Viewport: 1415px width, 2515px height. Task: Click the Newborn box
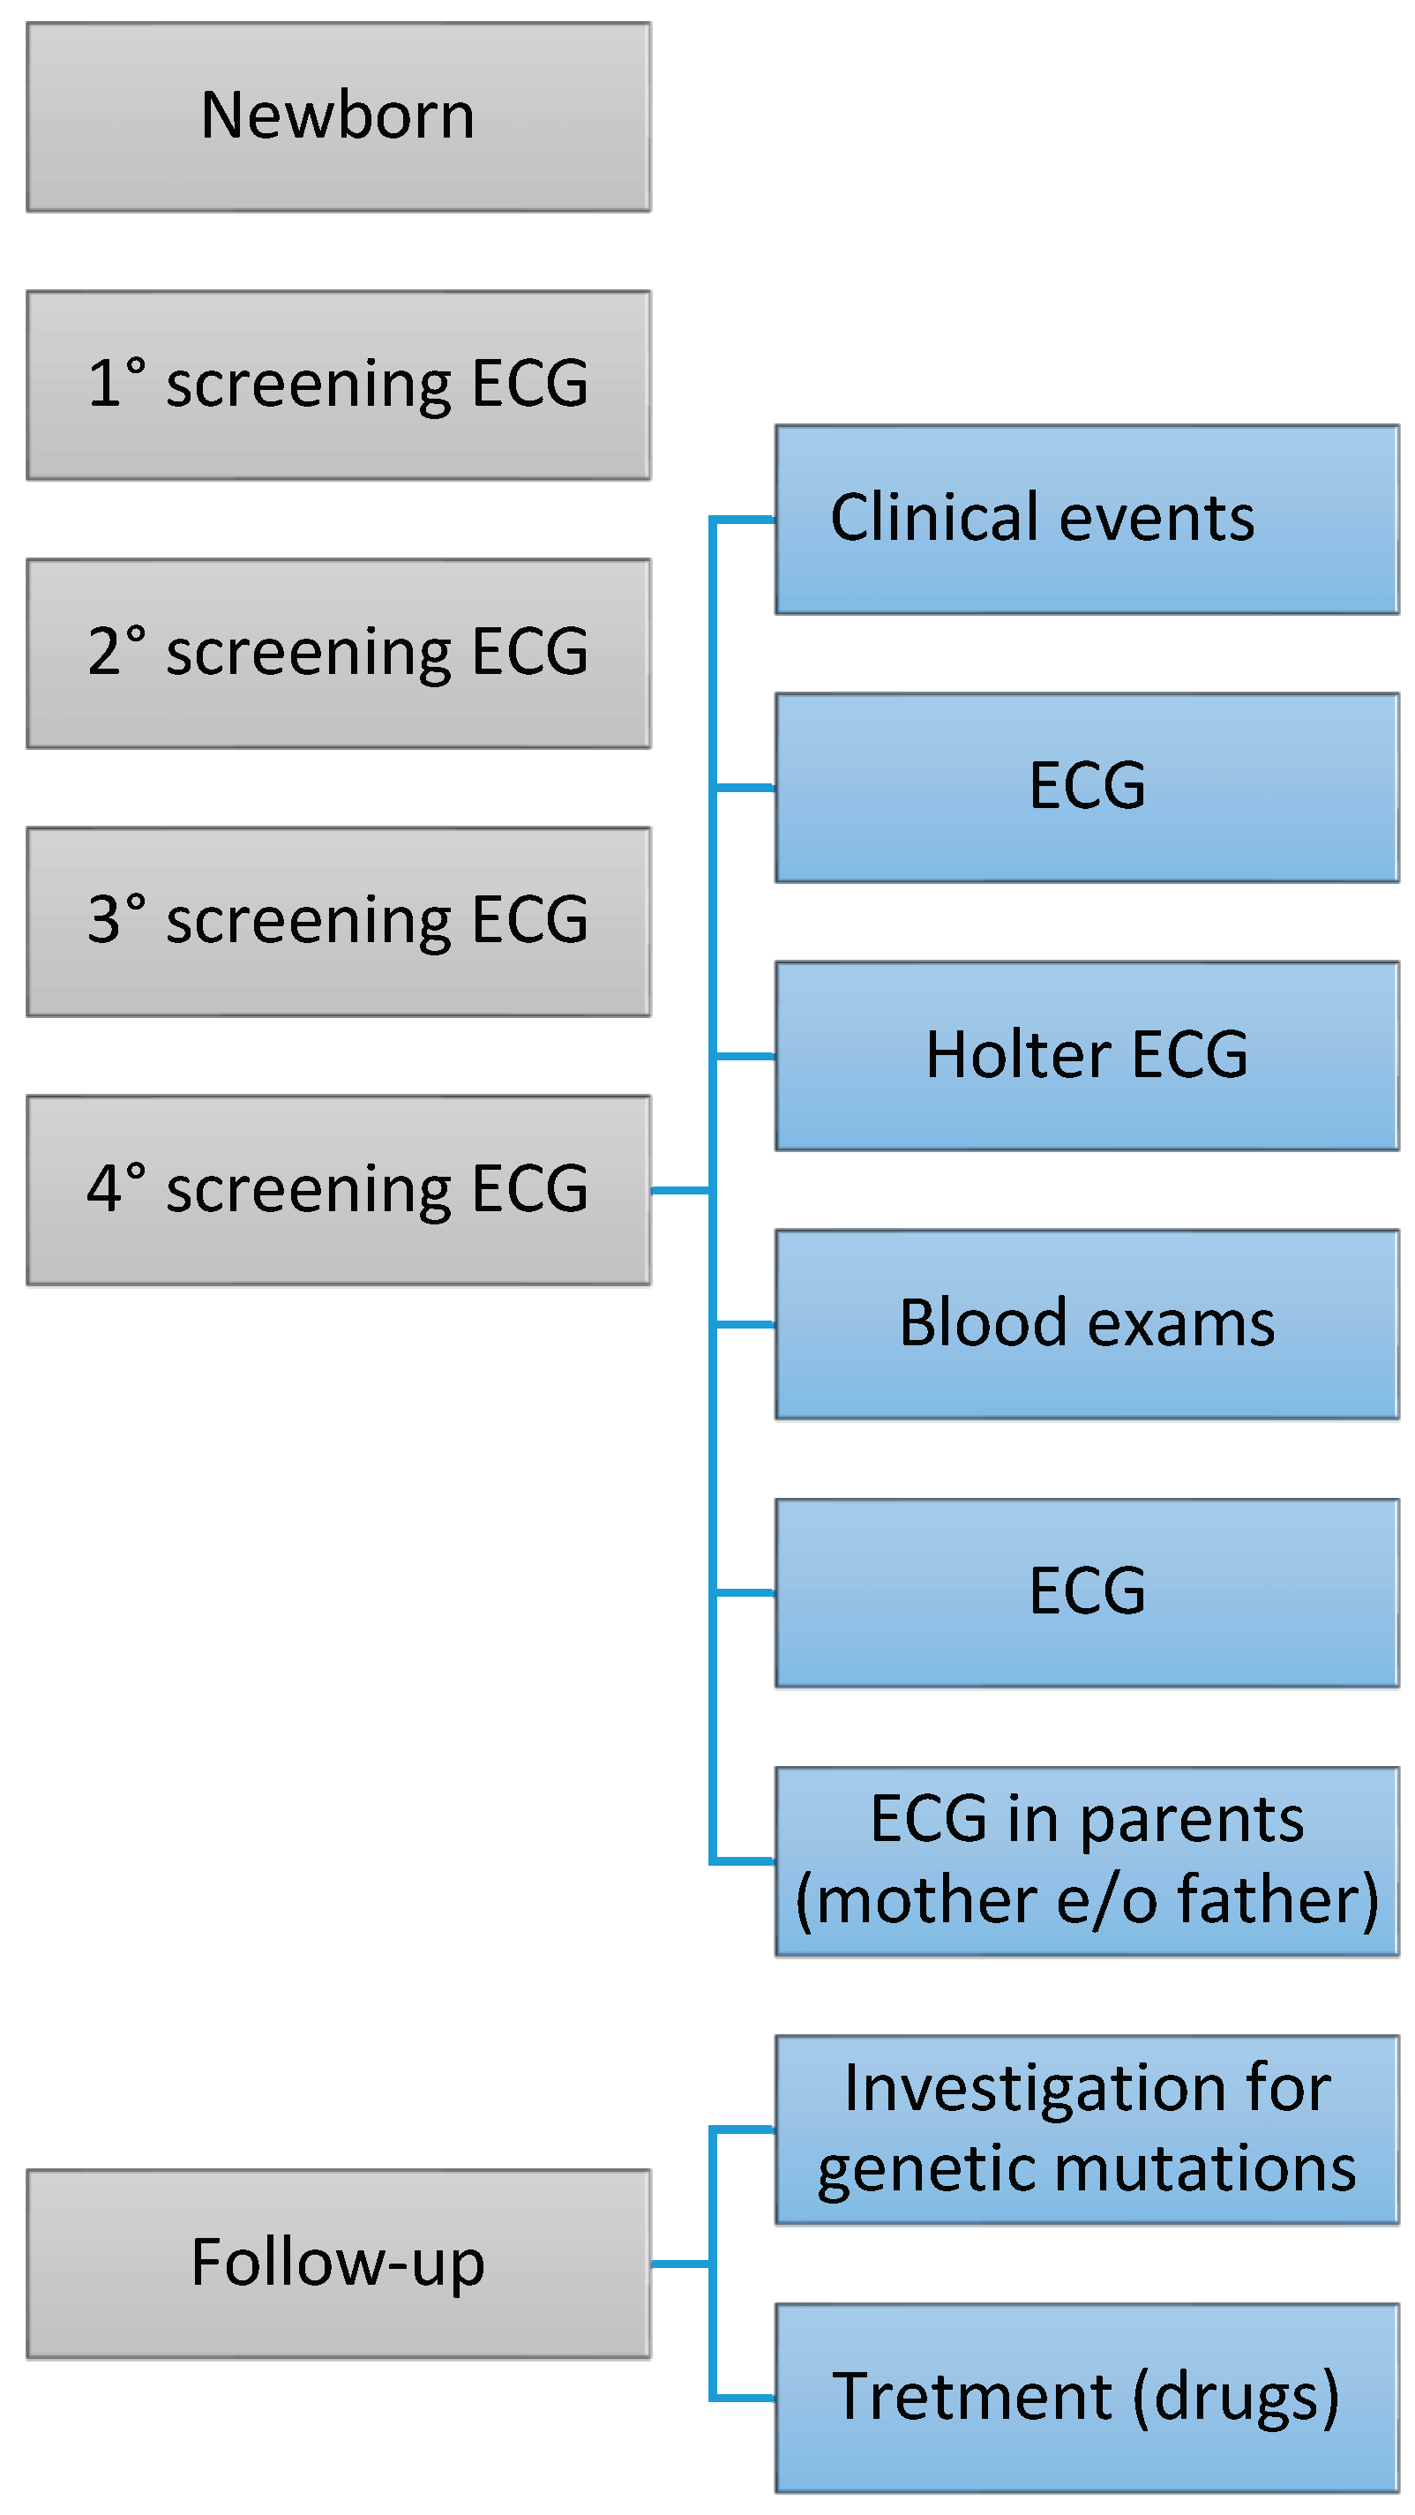tap(338, 116)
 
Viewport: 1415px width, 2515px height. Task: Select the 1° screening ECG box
tap(338, 385)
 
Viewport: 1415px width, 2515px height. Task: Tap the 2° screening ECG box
tap(338, 653)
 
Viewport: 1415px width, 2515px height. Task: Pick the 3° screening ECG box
tap(338, 922)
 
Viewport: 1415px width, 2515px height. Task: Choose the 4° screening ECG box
tap(338, 1190)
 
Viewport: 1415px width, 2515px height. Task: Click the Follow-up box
tap(338, 2263)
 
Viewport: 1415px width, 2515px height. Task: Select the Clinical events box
tap(1086, 520)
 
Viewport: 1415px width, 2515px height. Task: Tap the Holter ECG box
tap(1086, 1055)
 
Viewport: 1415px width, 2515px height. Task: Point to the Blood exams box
tap(1086, 1324)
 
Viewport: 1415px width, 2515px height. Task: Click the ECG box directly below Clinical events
tap(1086, 787)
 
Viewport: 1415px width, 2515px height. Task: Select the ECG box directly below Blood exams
tap(1086, 1592)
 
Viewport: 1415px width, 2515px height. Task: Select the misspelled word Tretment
tap(971, 2397)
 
